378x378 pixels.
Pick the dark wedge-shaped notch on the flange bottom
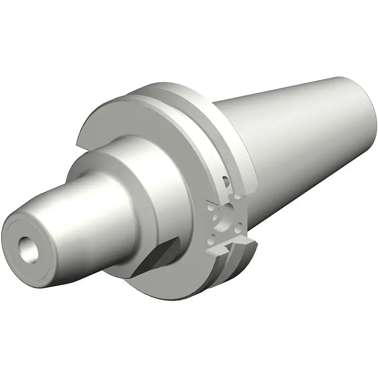coord(156,258)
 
